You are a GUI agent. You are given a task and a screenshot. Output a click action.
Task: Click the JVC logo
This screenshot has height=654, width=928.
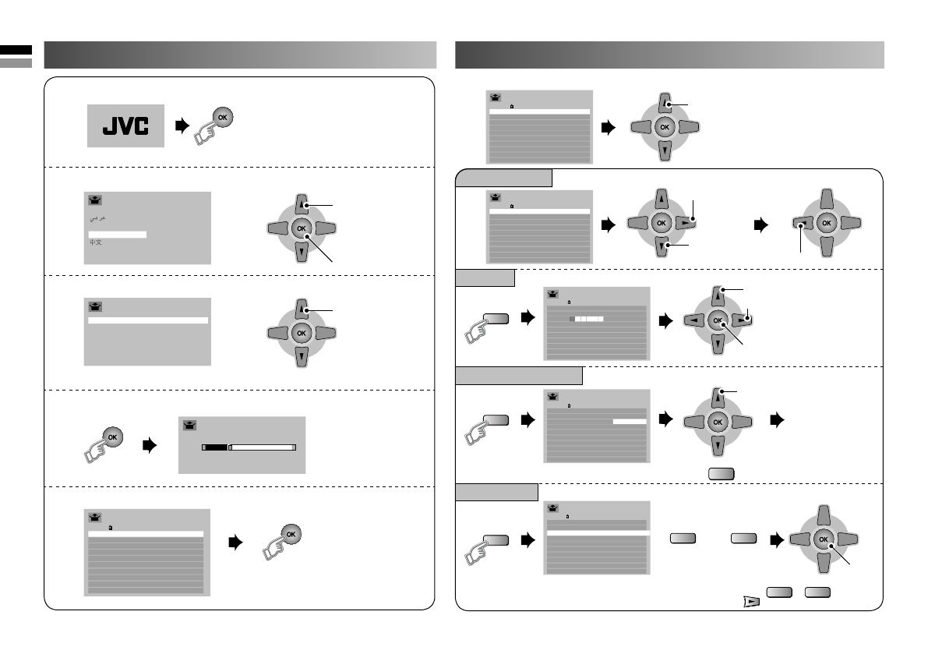125,125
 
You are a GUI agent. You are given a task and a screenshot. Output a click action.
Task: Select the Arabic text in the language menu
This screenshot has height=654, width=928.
98,219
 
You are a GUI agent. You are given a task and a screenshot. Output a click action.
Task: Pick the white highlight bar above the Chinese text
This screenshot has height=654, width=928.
117,232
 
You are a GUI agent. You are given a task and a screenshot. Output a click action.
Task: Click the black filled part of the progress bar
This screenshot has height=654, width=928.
215,448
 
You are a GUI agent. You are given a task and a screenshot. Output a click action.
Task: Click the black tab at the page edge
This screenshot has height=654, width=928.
16,50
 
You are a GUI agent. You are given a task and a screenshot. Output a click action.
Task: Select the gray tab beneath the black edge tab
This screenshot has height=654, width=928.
16,62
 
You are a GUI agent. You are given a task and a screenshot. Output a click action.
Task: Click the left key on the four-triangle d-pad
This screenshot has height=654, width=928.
691,319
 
